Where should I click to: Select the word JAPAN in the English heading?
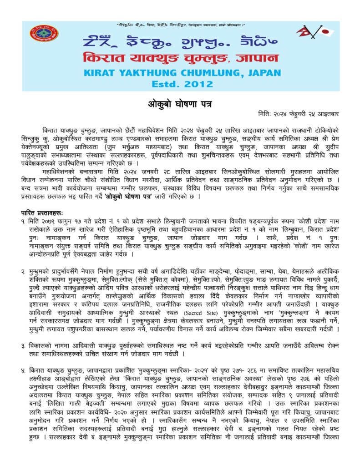click(x=265, y=73)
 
